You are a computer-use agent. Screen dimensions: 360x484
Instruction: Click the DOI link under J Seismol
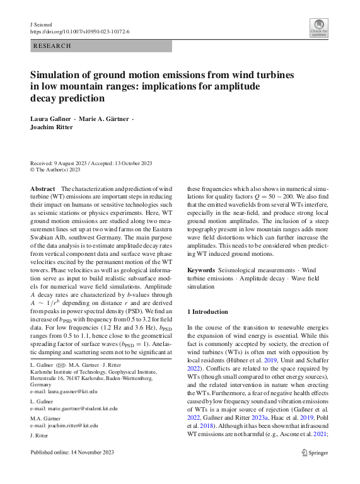coord(80,31)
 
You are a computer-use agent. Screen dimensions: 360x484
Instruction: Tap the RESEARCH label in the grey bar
coord(51,46)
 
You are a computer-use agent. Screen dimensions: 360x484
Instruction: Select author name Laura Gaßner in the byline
coord(51,119)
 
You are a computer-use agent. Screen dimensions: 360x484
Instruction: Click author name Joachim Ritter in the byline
coord(52,127)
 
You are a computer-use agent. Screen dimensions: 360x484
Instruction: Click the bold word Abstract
coord(43,189)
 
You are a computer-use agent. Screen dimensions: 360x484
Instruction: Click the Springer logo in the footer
coord(315,452)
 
